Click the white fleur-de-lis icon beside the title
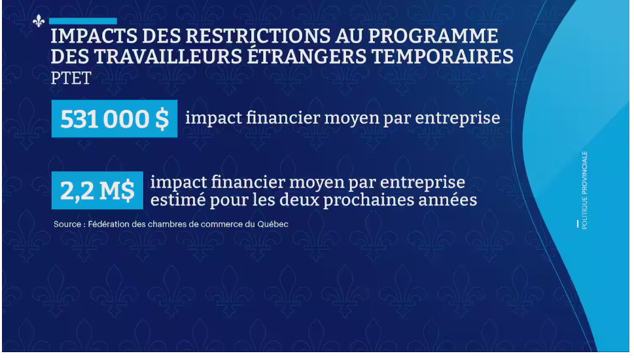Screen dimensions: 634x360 click(x=39, y=21)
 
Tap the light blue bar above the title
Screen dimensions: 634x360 click(x=83, y=21)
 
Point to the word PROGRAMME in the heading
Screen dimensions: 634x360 click(x=433, y=37)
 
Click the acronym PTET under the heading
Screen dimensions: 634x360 click(x=71, y=78)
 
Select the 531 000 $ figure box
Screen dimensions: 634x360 click(x=114, y=118)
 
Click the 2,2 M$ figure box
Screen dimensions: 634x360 click(x=97, y=190)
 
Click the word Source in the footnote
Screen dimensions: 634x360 click(x=67, y=224)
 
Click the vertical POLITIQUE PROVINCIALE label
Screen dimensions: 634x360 click(x=585, y=190)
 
